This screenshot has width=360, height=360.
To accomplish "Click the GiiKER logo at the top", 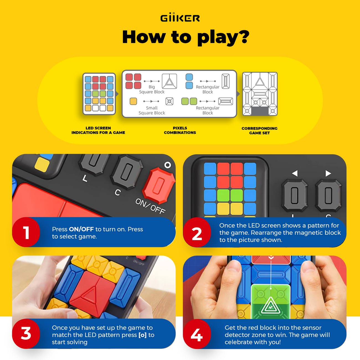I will [180, 18].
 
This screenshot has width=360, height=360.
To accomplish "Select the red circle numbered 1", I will [26, 232].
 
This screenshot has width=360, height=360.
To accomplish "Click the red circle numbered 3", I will [26, 333].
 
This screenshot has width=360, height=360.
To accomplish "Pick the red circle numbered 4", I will [197, 335].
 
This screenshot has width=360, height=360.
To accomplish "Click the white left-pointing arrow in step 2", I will [295, 173].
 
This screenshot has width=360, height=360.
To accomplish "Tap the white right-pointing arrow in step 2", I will [328, 173].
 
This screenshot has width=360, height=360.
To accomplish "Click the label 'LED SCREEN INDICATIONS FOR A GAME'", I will [98, 130].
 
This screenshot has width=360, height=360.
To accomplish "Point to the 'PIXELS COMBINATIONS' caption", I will [180, 130].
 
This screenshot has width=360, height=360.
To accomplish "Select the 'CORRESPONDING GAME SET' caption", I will [259, 131].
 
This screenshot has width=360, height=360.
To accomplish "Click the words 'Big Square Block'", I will [151, 89].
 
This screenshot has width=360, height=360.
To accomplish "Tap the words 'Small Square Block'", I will [151, 110].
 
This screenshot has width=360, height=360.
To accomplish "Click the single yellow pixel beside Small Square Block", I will [133, 101].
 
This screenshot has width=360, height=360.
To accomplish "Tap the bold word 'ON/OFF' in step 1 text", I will [81, 229].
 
